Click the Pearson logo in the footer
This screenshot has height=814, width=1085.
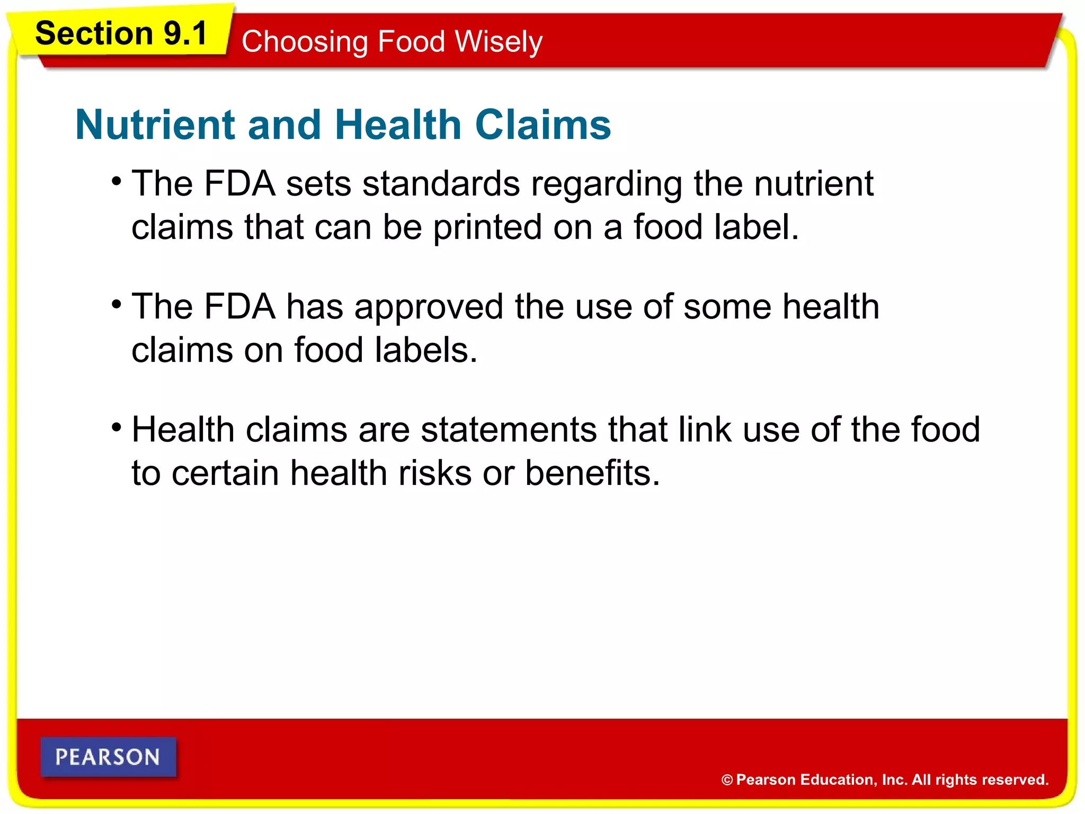[x=108, y=757]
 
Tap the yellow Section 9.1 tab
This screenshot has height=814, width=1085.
[x=121, y=33]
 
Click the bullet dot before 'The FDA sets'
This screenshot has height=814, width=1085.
[x=117, y=182]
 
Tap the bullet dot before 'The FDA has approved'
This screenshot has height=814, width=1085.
[x=117, y=305]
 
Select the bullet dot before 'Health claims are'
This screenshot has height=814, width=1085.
[x=117, y=427]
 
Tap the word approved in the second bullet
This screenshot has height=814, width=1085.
[x=429, y=308]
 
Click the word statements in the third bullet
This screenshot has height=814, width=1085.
[x=509, y=429]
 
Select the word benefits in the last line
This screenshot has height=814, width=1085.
[x=592, y=473]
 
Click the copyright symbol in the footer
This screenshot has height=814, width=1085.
[x=727, y=780]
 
